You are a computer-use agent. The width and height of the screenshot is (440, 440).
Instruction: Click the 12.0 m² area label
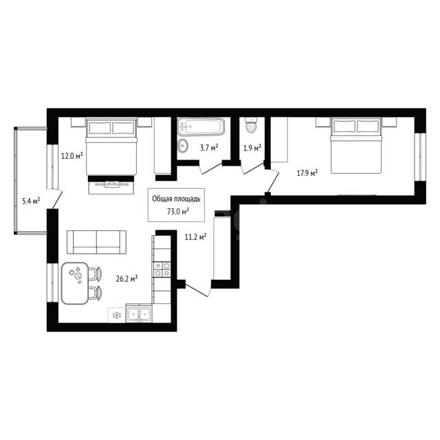point(71,155)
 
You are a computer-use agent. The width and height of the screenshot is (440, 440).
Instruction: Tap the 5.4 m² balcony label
point(31,201)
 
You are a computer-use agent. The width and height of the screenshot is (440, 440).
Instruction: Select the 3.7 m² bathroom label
point(209,148)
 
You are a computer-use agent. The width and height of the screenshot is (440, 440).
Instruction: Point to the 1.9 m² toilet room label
point(252,148)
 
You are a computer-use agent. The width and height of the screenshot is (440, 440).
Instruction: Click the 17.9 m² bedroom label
point(307,173)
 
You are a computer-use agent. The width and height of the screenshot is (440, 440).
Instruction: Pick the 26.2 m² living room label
point(126,278)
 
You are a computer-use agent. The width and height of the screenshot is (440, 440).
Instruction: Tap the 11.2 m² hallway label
point(195,237)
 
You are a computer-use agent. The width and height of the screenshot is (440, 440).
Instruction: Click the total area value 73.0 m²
point(177,211)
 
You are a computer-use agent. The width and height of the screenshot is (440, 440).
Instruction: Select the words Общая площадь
point(176,199)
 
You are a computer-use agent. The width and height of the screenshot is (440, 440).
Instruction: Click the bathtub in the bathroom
point(201,126)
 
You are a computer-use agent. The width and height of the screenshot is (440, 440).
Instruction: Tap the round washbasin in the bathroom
point(183,146)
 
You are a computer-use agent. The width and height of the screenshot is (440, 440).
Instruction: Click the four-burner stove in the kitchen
point(162,269)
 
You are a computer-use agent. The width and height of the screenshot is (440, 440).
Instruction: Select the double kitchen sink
point(139,315)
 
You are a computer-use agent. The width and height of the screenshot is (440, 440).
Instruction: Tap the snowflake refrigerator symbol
point(116,316)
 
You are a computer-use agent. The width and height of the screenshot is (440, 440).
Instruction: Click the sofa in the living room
point(96,242)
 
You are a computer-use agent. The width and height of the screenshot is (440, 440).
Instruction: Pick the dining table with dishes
point(75,283)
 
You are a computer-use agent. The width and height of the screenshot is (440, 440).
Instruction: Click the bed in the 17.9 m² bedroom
point(356,146)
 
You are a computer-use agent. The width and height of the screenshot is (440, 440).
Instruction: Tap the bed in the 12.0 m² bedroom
point(111,146)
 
